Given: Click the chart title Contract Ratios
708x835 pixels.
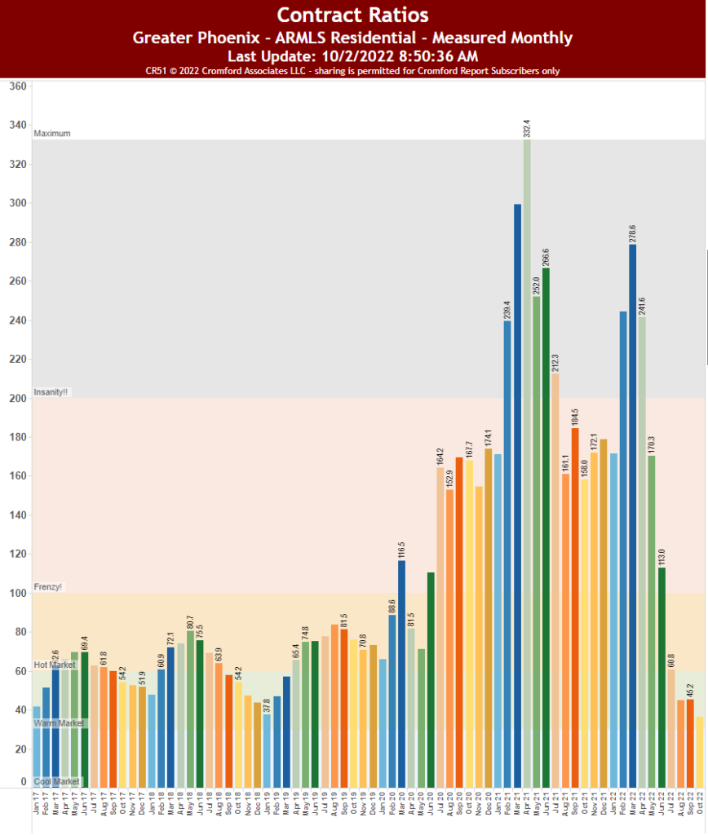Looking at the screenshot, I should point(352,15).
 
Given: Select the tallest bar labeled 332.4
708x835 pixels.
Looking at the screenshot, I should point(527,465).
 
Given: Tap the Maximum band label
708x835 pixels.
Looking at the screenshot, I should point(52,134).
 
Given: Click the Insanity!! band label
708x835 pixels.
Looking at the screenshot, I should point(52,392).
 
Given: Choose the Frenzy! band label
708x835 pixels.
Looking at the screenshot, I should point(48,587).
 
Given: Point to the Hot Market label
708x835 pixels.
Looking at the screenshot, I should point(55,665).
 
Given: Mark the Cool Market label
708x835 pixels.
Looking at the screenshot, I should point(56,782).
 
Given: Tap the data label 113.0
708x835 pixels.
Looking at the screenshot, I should point(662,554).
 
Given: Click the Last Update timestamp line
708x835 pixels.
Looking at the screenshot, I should point(352,55).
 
